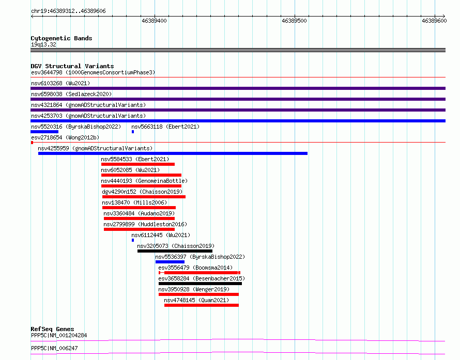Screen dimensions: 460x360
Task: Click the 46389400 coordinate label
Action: [154, 21]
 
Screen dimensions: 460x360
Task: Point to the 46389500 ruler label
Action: [294, 21]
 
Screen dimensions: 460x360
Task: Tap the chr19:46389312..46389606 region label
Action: [68, 11]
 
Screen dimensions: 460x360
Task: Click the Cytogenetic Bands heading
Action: [62, 38]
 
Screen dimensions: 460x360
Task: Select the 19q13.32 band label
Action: [43, 44]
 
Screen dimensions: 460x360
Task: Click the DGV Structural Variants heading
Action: [72, 66]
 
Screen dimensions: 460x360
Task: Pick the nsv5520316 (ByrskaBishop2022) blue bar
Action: [44, 132]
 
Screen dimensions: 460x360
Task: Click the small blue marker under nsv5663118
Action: [133, 132]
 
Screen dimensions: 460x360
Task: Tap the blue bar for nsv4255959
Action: [173, 153]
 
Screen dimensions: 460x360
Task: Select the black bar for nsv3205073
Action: [175, 251]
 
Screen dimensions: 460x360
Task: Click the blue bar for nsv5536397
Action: [170, 262]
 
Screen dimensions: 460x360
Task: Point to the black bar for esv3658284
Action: [200, 284]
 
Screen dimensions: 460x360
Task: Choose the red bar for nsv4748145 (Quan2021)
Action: [202, 305]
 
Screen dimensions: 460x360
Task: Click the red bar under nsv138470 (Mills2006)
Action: [139, 208]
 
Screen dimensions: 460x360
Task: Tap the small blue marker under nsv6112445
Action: [133, 240]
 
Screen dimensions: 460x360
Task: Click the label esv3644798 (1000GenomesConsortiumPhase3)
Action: [93, 72]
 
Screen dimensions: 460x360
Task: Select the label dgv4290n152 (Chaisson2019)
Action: [142, 192]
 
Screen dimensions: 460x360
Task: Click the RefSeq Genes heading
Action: [52, 329]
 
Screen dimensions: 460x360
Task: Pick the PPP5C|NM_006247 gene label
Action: [54, 348]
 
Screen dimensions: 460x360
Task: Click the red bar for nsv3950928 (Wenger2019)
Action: [198, 294]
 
